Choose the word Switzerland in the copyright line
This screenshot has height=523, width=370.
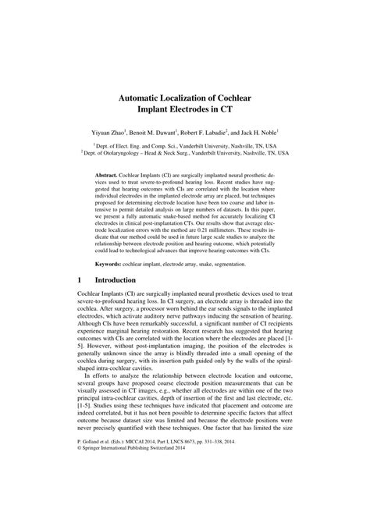[x=176, y=493]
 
